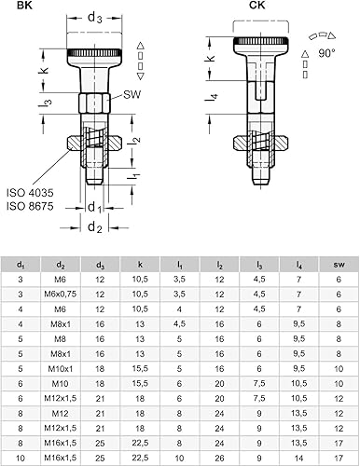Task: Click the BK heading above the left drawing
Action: [24, 6]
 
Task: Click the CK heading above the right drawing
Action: [257, 6]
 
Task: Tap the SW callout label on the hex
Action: [132, 94]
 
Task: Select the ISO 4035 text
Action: [30, 193]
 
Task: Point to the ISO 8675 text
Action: [30, 206]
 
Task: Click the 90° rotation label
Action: [326, 53]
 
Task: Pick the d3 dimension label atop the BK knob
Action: [95, 18]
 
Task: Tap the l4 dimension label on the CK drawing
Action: [212, 98]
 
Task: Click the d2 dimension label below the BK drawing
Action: [95, 227]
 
